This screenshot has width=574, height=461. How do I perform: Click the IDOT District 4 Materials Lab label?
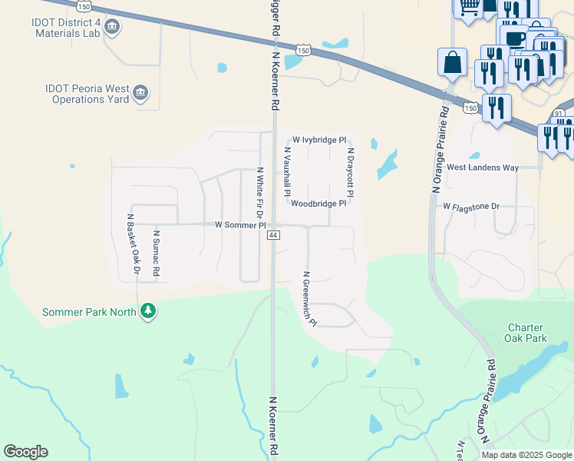(x=67, y=28)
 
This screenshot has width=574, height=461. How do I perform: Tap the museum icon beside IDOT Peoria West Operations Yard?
(x=140, y=94)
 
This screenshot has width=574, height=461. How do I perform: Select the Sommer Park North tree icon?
(x=148, y=311)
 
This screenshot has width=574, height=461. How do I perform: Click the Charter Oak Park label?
(x=526, y=333)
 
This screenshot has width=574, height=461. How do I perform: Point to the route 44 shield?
(x=273, y=235)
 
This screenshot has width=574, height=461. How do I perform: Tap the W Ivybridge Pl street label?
(x=319, y=141)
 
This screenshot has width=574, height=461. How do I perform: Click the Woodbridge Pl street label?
(x=318, y=204)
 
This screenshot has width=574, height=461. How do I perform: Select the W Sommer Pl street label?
(x=240, y=225)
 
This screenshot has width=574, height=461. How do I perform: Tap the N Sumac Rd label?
(x=158, y=253)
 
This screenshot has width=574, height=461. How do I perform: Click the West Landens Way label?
(x=483, y=167)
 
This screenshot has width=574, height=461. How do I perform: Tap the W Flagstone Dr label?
(x=471, y=207)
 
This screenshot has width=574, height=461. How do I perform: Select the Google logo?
(x=25, y=452)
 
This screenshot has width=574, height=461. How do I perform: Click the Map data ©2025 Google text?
(x=526, y=455)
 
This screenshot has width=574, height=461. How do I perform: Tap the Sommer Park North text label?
(x=89, y=312)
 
